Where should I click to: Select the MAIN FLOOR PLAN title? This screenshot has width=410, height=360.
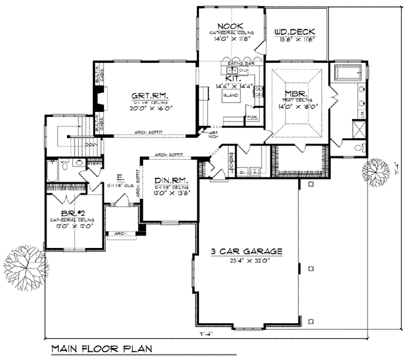tap(100, 349)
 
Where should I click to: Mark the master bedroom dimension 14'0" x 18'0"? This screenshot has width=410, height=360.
tap(299, 107)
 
